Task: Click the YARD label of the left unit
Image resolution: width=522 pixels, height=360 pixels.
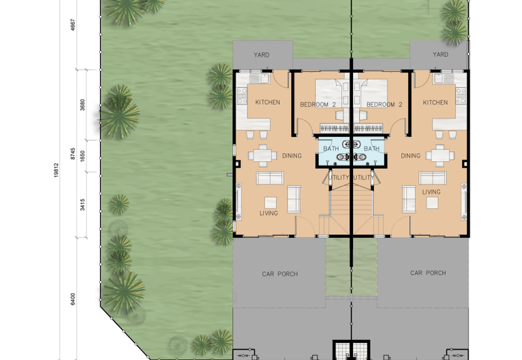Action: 262,55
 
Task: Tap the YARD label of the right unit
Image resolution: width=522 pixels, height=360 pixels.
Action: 440,54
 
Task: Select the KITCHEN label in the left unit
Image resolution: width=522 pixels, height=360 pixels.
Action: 268,102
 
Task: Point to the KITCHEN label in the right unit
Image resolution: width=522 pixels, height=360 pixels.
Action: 435,102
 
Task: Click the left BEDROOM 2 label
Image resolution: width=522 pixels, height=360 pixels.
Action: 318,104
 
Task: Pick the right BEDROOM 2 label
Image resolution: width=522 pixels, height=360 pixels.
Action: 384,104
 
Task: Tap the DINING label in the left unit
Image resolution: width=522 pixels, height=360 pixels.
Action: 292,156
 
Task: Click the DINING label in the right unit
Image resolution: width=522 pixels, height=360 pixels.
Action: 410,156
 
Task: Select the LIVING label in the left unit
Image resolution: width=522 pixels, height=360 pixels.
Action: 269,213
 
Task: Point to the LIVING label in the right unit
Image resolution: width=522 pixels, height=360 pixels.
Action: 431,192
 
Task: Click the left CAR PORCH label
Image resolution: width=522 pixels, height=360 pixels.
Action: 280,274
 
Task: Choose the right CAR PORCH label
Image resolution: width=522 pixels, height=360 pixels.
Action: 428,273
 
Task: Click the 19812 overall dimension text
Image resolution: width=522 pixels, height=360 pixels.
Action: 56,170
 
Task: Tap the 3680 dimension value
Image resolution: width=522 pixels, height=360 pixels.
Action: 82,105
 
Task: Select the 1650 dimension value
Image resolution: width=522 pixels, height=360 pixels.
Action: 82,157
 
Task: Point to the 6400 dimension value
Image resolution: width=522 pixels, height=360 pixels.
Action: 72,299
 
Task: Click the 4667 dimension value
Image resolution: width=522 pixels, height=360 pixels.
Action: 73,25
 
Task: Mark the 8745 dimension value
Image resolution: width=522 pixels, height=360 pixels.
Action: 72,154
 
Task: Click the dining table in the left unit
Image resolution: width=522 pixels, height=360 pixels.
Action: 263,155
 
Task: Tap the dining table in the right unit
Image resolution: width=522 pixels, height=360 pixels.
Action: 440,156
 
